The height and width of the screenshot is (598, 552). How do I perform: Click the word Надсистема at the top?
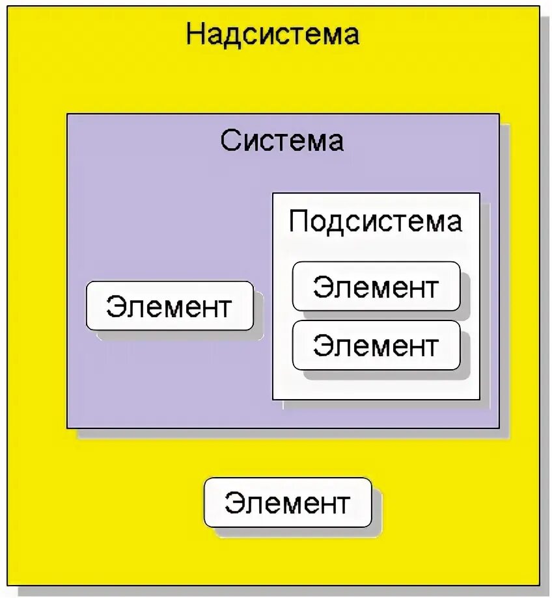pyautogui.click(x=272, y=34)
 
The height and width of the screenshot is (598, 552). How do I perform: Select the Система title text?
pyautogui.click(x=282, y=140)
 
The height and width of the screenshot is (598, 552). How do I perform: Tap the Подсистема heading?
pyautogui.click(x=376, y=222)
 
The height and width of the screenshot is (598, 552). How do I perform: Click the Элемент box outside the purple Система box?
pyautogui.click(x=288, y=503)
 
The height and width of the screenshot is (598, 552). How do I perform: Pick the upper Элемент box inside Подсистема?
pyautogui.click(x=376, y=287)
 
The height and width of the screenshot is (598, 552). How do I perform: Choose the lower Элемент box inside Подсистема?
pyautogui.click(x=376, y=345)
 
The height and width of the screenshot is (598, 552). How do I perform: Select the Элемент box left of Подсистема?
pyautogui.click(x=169, y=306)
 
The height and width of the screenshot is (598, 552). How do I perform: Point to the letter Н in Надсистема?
pyautogui.click(x=196, y=34)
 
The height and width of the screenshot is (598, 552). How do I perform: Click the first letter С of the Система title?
pyautogui.click(x=230, y=140)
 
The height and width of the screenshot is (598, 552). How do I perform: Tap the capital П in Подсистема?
pyautogui.click(x=299, y=222)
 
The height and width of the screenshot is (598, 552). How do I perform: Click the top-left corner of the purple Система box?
pyautogui.click(x=67, y=114)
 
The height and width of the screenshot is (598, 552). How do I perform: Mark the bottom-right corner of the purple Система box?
pyautogui.click(x=499, y=428)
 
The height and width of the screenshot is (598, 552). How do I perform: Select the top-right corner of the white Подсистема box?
pyautogui.click(x=480, y=193)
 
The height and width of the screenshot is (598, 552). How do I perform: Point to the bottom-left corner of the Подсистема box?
pyautogui.click(x=273, y=399)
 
